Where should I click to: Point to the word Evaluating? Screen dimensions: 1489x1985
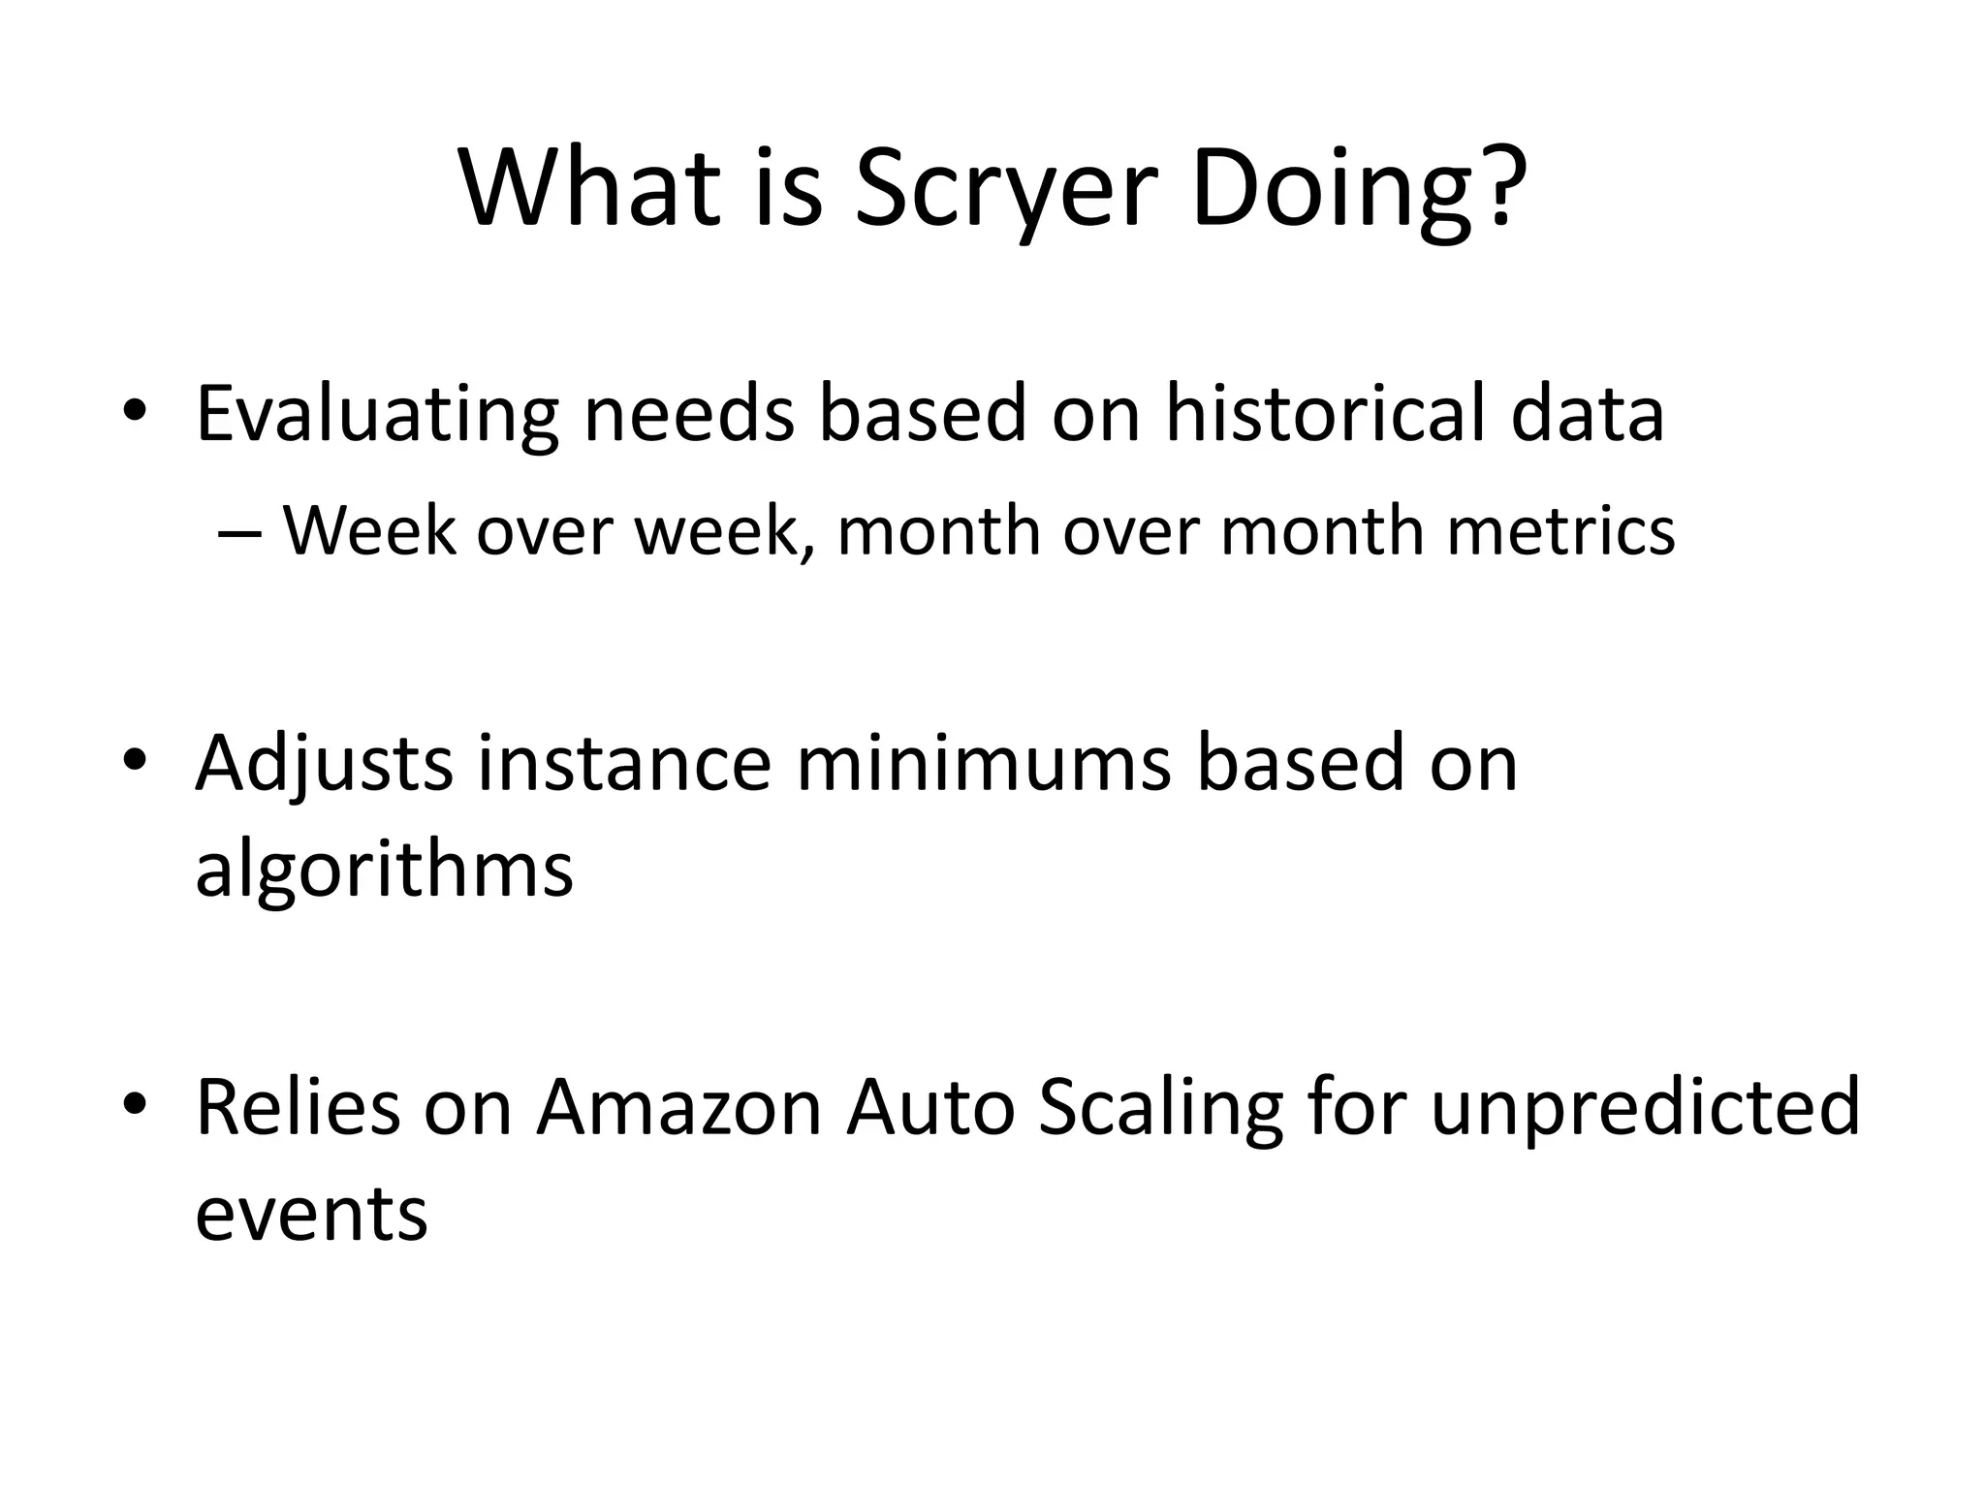point(377,415)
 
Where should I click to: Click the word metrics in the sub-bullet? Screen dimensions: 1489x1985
point(1560,532)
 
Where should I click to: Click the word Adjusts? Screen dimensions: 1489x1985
point(324,764)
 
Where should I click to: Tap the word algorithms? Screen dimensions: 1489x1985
point(384,870)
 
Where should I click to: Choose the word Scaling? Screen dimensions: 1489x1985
point(1160,1109)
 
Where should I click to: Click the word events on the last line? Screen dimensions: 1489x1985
point(311,1213)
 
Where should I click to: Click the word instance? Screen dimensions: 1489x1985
point(624,762)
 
